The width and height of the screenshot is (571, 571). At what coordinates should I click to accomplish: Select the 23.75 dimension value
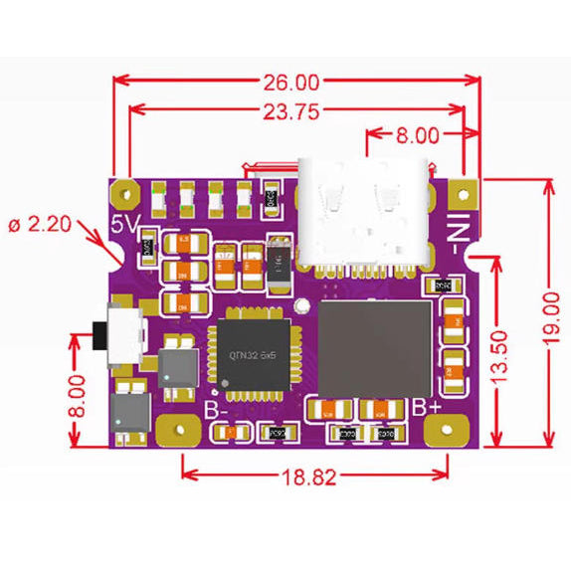(x=291, y=111)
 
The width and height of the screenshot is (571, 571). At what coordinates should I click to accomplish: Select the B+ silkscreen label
(x=426, y=408)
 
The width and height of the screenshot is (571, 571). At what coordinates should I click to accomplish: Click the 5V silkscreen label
(x=123, y=226)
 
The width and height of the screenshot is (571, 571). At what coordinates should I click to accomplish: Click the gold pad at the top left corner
(x=126, y=189)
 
